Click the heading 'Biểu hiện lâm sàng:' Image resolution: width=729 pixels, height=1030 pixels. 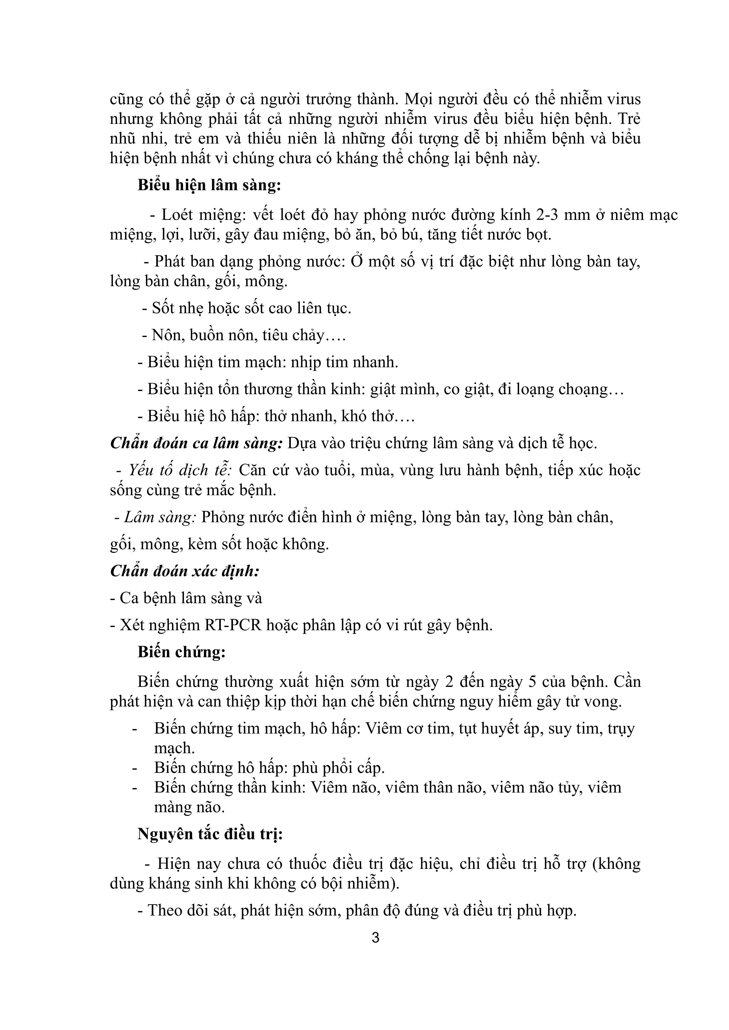(209, 185)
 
